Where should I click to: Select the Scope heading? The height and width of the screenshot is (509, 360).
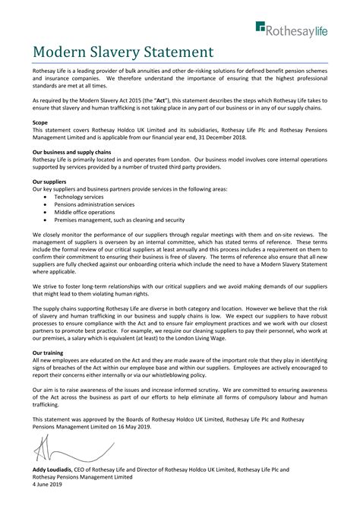[x=40, y=122]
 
